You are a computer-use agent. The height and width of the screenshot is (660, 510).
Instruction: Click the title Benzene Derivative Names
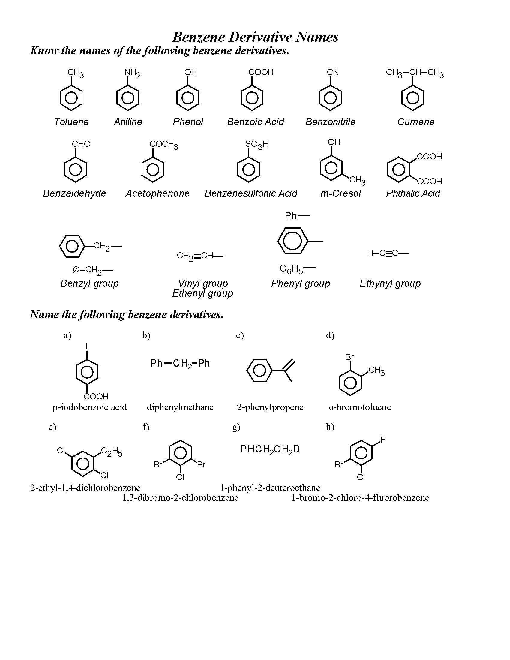click(255, 37)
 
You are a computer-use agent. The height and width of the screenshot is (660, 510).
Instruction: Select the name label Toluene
click(71, 122)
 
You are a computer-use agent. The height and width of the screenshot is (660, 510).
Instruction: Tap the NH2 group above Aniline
click(132, 73)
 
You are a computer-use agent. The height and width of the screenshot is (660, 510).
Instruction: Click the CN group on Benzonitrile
click(333, 72)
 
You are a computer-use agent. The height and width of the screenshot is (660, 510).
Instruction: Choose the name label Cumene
click(416, 122)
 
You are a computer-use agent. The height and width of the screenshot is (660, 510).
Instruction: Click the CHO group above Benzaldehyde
click(81, 144)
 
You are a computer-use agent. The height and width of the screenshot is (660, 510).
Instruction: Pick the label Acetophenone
click(157, 193)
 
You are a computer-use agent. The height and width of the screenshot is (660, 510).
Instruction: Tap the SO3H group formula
click(257, 145)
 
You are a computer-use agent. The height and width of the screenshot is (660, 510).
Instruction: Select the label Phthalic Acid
click(413, 193)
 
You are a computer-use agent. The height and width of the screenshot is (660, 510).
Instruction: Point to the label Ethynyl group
click(390, 283)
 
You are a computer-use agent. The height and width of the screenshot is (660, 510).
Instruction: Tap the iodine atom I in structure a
click(87, 346)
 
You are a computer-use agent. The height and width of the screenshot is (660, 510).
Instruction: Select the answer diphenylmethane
click(180, 407)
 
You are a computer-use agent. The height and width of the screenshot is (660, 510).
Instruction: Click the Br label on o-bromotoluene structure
click(349, 357)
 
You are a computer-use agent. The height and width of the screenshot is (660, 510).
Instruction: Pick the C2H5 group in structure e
click(112, 452)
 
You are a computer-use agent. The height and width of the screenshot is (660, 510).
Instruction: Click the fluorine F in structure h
click(382, 440)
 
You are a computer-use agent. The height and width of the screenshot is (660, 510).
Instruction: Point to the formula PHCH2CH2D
click(270, 449)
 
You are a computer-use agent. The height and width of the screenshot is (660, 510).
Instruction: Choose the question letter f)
click(146, 427)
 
